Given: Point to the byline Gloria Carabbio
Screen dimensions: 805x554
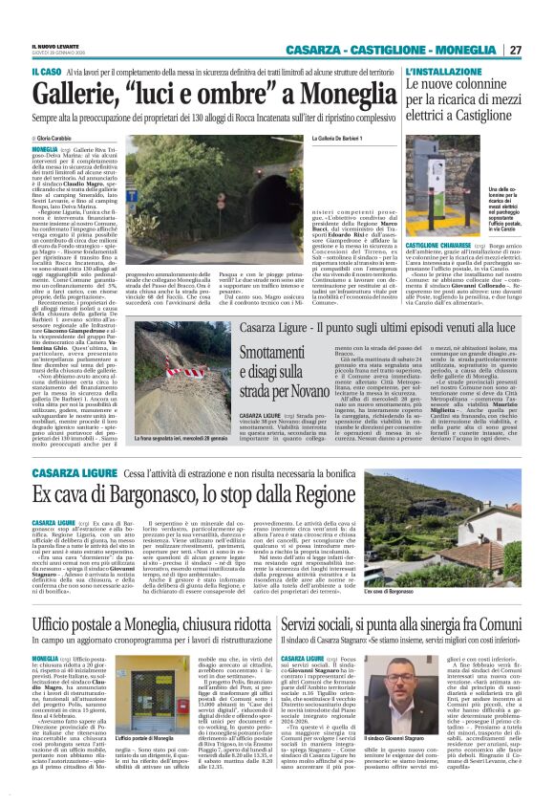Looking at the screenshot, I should click(x=57, y=140).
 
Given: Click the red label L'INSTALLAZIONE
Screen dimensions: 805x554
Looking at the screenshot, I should click(x=438, y=72).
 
